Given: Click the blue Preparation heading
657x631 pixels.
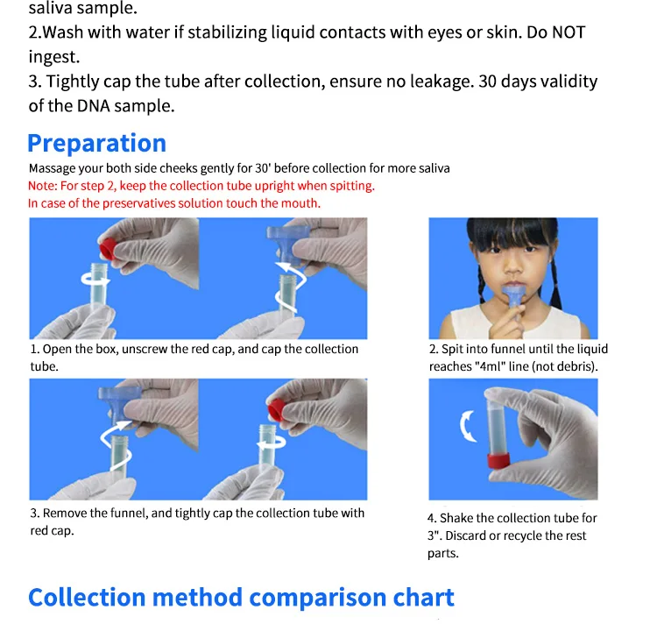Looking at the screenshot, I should (96, 143).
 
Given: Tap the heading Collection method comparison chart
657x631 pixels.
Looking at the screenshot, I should (241, 598).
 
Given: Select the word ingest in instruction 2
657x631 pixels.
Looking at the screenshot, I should (53, 57).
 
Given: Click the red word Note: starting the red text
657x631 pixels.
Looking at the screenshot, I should (42, 186).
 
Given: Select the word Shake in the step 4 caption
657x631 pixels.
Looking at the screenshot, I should (457, 518).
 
